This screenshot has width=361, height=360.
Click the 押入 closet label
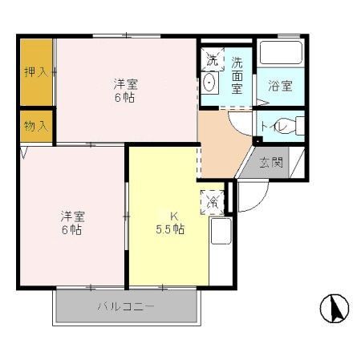coord(32,71)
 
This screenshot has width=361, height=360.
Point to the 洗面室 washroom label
coord(238,75)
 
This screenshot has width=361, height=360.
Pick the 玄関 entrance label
coord(270,163)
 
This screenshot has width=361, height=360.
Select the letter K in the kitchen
coord(172,215)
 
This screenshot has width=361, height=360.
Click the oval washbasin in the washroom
coord(209,83)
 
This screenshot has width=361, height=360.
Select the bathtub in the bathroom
coord(281,55)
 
